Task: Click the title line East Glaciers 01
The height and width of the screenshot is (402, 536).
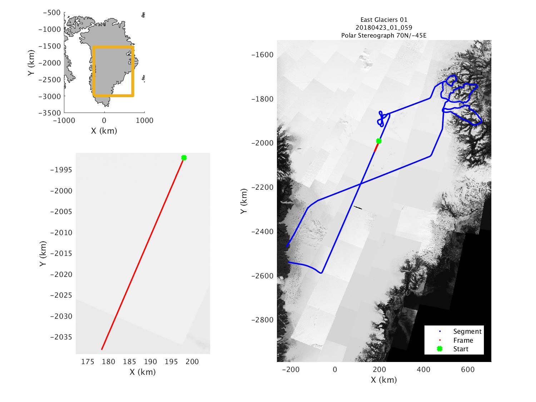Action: click(x=384, y=20)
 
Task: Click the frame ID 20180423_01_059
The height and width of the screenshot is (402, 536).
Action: click(x=384, y=28)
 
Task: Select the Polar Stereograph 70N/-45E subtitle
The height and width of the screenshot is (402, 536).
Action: click(x=384, y=35)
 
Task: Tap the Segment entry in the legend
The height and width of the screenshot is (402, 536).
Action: click(x=467, y=331)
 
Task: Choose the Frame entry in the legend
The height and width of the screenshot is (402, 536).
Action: click(x=463, y=340)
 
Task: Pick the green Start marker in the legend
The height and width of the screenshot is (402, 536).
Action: click(x=440, y=349)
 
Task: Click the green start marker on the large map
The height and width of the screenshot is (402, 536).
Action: click(x=379, y=141)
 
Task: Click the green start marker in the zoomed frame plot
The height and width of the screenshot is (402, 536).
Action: click(x=184, y=158)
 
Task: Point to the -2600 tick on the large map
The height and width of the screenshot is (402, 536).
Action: click(x=263, y=276)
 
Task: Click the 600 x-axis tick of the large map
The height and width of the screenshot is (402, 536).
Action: click(x=468, y=369)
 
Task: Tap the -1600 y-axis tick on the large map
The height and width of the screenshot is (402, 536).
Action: click(x=263, y=55)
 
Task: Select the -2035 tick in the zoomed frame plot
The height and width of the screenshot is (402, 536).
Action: click(x=61, y=337)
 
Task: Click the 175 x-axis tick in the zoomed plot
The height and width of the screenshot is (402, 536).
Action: click(x=88, y=362)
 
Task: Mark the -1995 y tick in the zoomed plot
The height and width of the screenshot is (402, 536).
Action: click(x=61, y=170)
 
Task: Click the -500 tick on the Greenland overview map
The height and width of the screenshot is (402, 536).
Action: click(x=52, y=13)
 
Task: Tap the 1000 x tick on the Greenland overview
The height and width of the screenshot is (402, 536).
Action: click(x=144, y=120)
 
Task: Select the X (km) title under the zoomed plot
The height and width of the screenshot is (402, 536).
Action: click(x=143, y=372)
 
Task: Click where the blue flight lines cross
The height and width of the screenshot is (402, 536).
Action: click(x=360, y=184)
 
